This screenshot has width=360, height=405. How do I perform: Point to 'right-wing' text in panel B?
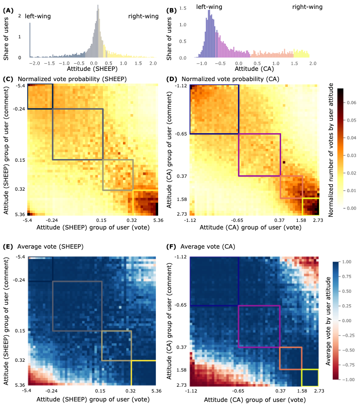307,7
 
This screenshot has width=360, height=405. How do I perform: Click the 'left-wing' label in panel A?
38,16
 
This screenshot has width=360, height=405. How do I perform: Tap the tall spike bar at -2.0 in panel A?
30,41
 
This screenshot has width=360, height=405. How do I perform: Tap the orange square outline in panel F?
290,358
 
